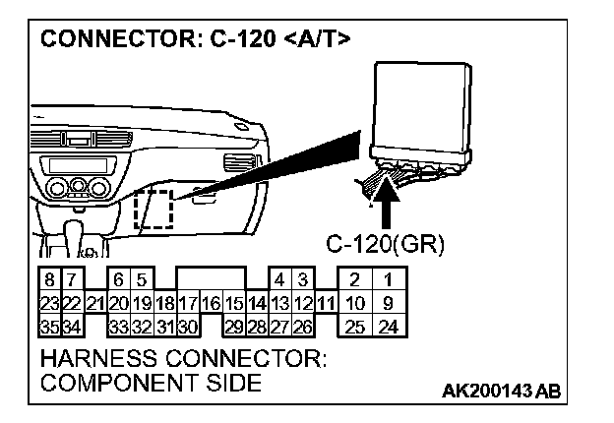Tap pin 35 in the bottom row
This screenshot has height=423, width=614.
[x=46, y=326]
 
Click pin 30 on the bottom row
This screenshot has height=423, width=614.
[x=187, y=326]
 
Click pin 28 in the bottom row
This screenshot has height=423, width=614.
[x=257, y=326]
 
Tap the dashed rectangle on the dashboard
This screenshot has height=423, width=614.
[x=153, y=210]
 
